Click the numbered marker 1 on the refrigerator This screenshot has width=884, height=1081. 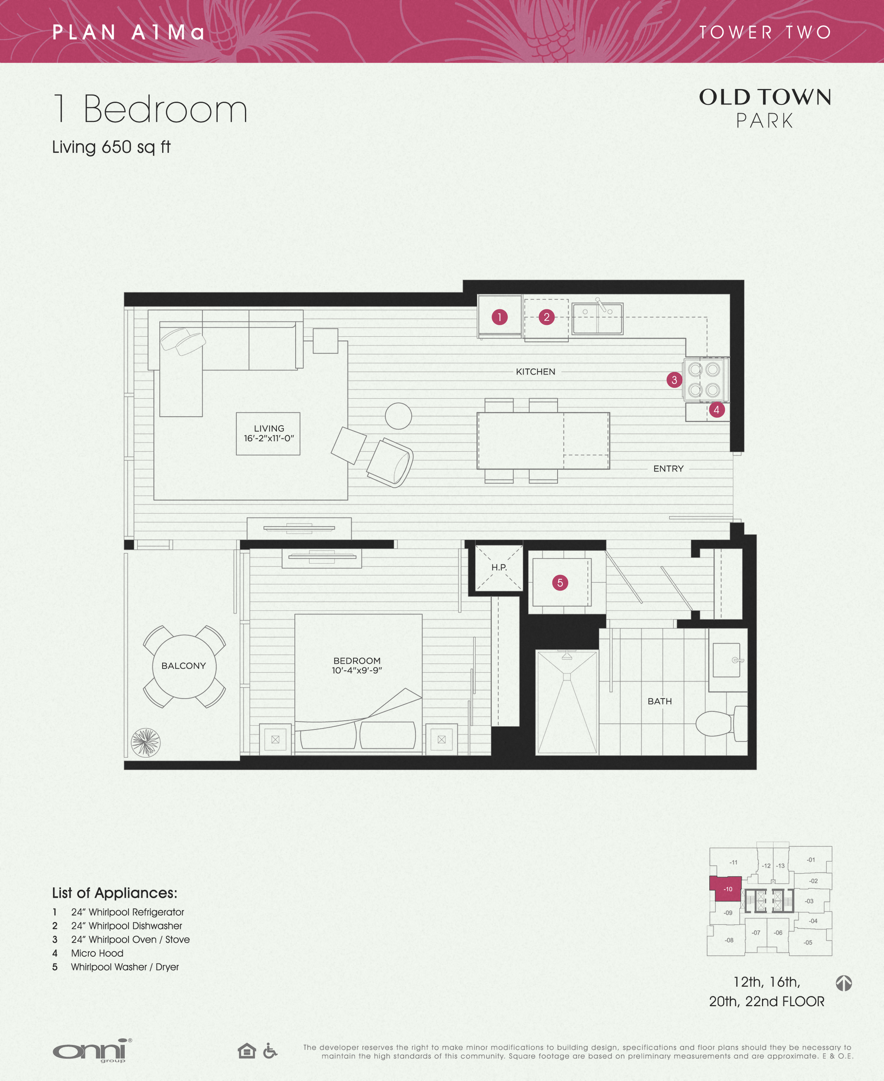click(x=500, y=317)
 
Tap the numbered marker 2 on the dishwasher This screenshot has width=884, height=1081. click(x=546, y=317)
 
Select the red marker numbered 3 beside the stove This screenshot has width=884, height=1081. click(x=674, y=380)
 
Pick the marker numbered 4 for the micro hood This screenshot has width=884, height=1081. click(x=716, y=410)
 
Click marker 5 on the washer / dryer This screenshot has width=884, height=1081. click(x=560, y=583)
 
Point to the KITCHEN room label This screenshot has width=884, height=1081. click(x=535, y=372)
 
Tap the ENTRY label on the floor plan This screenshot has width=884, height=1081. click(x=668, y=469)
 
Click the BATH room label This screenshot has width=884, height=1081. click(x=659, y=701)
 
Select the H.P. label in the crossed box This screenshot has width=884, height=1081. click(x=499, y=567)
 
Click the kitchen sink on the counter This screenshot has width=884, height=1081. click(x=597, y=318)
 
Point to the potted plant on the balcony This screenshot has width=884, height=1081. click(x=146, y=742)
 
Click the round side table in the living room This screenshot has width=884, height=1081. click(x=398, y=416)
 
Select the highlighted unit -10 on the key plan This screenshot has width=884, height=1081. click(x=728, y=889)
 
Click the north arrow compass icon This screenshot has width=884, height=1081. click(x=844, y=983)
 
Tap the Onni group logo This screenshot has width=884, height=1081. click(x=92, y=1051)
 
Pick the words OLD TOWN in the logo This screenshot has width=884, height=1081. click(x=765, y=97)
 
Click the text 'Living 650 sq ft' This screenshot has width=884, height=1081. click(x=111, y=147)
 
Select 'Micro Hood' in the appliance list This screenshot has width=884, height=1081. click(x=97, y=953)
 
